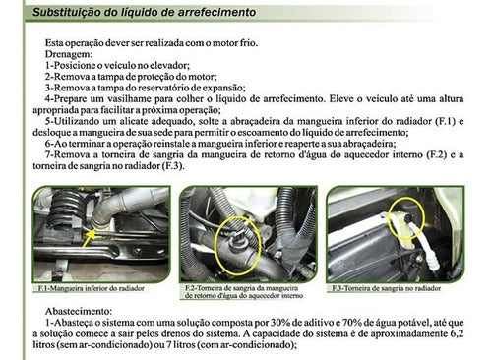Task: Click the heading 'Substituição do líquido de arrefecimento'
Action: [144, 12]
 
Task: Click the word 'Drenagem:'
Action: [69, 54]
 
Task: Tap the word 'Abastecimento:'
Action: [79, 311]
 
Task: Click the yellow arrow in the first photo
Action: [89, 237]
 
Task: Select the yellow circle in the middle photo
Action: [238, 246]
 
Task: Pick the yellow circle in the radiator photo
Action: [406, 218]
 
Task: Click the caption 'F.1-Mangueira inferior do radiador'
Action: [91, 289]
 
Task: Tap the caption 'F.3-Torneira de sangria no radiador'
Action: [386, 289]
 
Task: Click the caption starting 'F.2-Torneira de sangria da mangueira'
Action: [243, 292]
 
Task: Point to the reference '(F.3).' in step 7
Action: [173, 166]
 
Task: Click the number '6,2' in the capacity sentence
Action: [457, 333]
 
